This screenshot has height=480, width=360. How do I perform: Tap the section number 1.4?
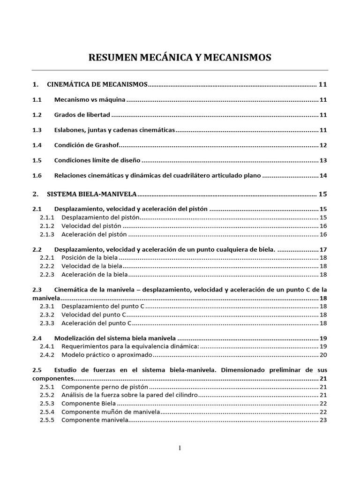[37, 145]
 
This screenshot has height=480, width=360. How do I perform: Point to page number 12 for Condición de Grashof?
[323, 145]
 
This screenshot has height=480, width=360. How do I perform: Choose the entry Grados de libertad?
[82, 115]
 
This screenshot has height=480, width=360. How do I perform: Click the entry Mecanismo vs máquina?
[90, 100]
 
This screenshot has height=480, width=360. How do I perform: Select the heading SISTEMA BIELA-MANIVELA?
[91, 194]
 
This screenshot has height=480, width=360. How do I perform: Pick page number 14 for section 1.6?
[323, 176]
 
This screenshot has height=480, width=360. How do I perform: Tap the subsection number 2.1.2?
[47, 226]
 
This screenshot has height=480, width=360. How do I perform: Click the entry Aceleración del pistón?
[94, 234]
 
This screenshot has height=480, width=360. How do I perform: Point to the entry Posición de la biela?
[90, 258]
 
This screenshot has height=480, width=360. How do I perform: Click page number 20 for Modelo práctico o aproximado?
[323, 355]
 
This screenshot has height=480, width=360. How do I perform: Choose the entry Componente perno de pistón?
[105, 387]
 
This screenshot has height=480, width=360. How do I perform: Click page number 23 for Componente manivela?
[323, 420]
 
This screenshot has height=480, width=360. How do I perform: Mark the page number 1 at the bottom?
[180, 448]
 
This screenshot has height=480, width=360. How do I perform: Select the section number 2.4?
[37, 338]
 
